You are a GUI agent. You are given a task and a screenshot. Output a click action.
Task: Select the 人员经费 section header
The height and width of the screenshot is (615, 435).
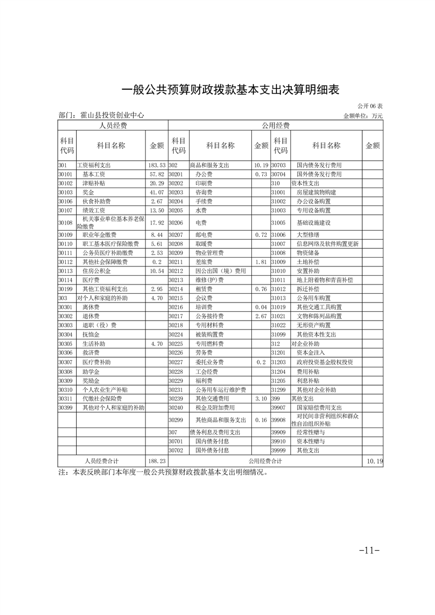click(112, 126)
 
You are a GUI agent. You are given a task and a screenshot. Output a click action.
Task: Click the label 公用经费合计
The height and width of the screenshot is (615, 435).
click(265, 461)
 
